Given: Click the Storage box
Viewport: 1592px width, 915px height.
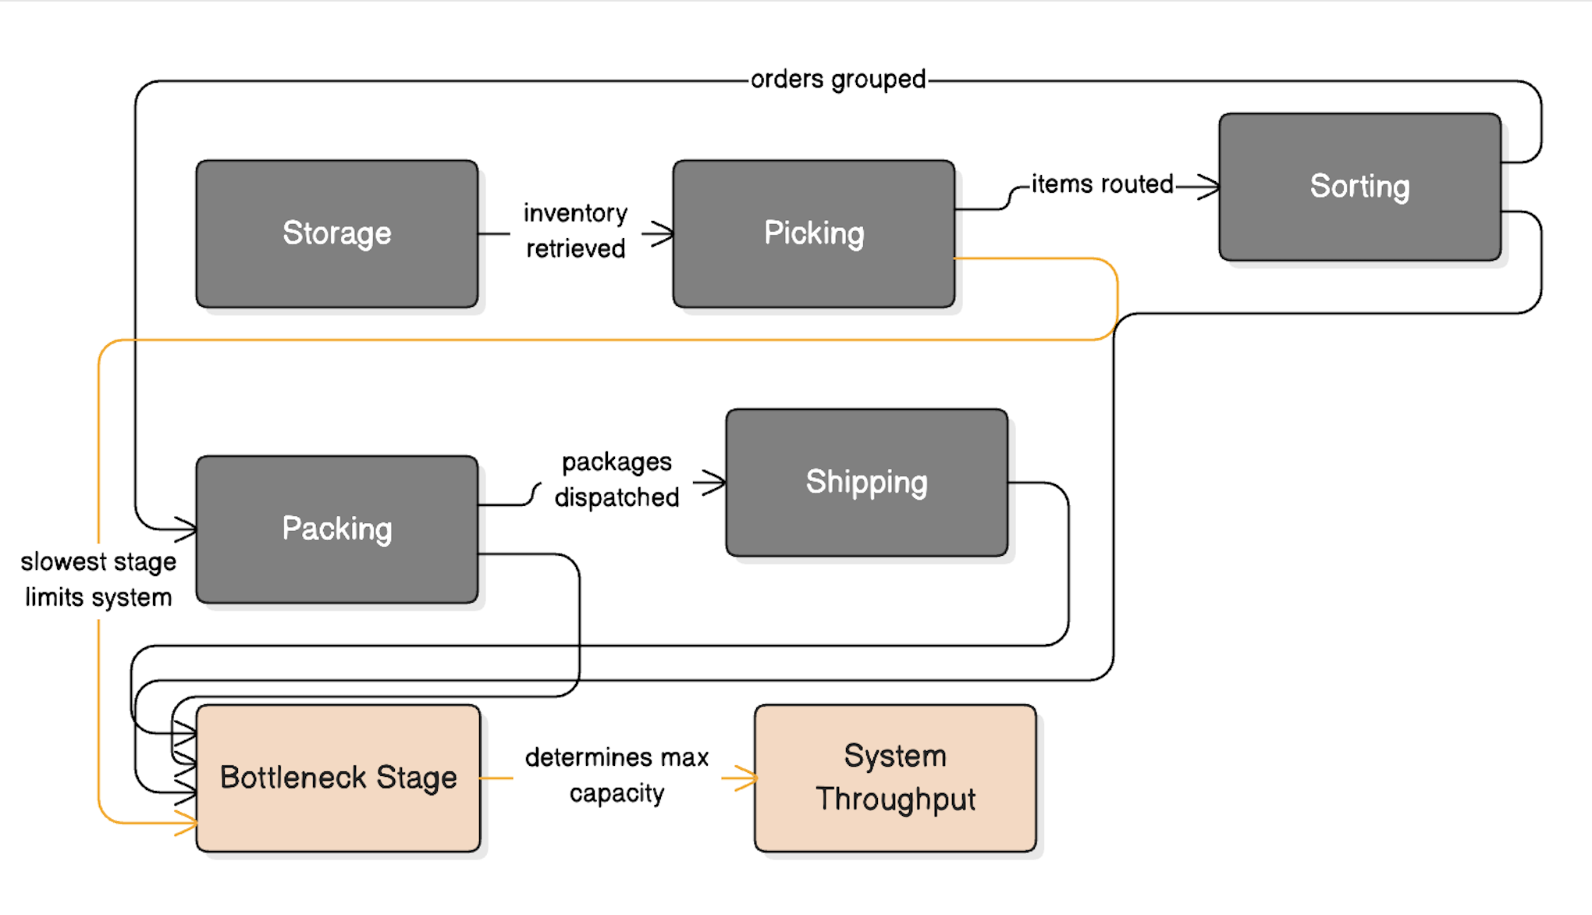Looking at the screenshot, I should [336, 233].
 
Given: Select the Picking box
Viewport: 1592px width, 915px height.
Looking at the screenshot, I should [813, 233].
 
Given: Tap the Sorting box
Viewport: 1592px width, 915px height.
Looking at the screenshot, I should [1359, 187].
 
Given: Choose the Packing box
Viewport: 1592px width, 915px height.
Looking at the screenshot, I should [336, 529].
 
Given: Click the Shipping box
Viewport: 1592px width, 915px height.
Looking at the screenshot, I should [866, 482].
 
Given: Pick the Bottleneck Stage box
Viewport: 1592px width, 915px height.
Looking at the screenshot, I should [338, 778].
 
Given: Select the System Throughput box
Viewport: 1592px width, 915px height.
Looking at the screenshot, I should [895, 778].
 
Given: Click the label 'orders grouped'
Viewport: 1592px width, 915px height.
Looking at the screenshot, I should [838, 80].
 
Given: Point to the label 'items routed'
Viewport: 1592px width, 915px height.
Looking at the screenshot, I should [1102, 184].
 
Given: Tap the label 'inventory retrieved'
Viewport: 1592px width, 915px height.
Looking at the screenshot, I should [575, 231].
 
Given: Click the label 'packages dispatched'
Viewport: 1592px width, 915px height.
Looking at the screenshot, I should [617, 479].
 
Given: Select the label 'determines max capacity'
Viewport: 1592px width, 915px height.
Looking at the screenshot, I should [617, 775].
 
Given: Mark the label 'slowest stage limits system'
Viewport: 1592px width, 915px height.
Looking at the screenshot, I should [98, 579].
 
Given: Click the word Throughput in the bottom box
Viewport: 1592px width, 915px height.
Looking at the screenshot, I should [895, 799].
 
